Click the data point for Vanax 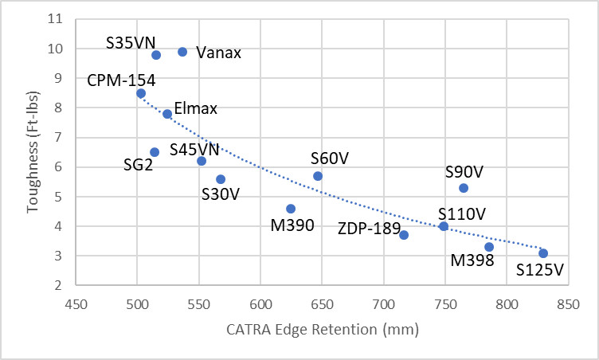pos(182,52)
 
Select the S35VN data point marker pos(156,55)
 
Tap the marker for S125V pos(543,253)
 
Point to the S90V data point pos(464,188)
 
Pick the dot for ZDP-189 pos(404,235)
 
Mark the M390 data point pos(291,209)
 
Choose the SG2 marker pos(155,152)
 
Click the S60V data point pos(318,176)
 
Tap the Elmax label pos(195,109)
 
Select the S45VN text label pos(194,148)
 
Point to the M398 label pos(472,261)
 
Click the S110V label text pos(461,213)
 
